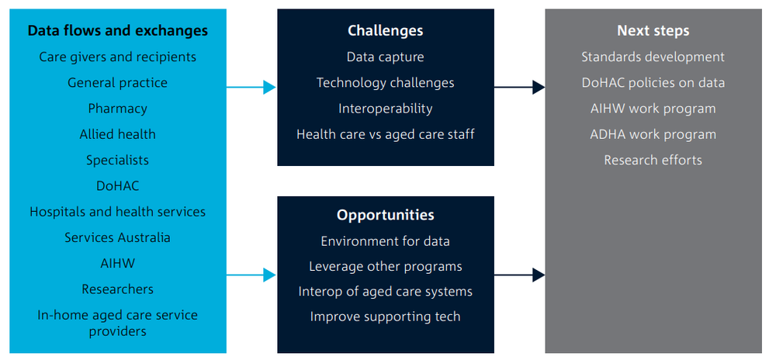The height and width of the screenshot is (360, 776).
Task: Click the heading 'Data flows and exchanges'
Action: point(118,31)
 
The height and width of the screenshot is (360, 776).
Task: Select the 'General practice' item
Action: point(118,83)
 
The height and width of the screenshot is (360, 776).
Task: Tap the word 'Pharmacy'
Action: point(118,109)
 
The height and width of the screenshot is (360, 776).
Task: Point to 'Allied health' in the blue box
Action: point(118,134)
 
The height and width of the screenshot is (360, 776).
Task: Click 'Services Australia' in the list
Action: point(118,237)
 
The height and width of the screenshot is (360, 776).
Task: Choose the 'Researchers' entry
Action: point(118,289)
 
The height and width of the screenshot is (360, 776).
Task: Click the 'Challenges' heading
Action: point(386,31)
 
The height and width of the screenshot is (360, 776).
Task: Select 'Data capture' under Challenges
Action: point(386,57)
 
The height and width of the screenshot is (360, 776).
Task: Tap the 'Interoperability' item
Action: point(386,109)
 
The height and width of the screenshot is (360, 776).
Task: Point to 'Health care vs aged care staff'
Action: point(386,134)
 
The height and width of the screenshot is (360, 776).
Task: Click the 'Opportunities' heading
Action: point(386,215)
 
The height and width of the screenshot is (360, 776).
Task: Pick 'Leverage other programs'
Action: point(386,267)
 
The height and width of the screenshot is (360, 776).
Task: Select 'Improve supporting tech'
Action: point(386,317)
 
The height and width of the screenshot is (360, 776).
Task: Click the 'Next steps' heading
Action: point(653,31)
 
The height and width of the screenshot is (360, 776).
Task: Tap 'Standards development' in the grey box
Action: point(653,57)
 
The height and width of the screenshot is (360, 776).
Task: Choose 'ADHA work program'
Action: point(653,134)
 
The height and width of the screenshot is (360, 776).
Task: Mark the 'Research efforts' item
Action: point(653,161)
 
